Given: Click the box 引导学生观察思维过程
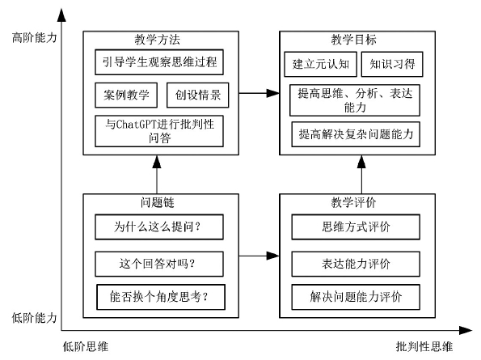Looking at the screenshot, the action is point(159,62).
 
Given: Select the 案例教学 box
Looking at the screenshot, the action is point(126,95).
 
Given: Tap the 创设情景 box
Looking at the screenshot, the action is point(198,95).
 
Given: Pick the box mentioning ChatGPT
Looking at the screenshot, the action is point(159,131).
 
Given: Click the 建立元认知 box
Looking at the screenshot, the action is point(321,64).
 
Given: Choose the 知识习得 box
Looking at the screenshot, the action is point(392,64).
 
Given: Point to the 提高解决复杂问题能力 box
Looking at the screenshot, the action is point(356,134).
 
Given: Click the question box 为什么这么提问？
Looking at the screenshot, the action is point(159,227).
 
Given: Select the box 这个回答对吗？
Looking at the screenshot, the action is point(159,264).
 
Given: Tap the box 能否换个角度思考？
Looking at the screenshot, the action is point(161,297).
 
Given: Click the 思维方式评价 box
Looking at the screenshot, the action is point(356,227).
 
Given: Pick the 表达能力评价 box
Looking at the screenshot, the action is point(356,264).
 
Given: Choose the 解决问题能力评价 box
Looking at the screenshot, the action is point(356,297).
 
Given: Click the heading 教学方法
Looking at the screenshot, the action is point(158,40).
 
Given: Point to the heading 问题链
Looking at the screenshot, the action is point(158,202).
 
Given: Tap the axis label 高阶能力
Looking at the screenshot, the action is point(34,37).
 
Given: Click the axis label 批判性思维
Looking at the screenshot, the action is point(424,346).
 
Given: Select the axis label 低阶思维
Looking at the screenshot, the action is point(86,346).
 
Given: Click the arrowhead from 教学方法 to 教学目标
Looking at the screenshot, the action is point(273,93).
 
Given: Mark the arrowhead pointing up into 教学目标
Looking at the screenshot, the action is point(361,162).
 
